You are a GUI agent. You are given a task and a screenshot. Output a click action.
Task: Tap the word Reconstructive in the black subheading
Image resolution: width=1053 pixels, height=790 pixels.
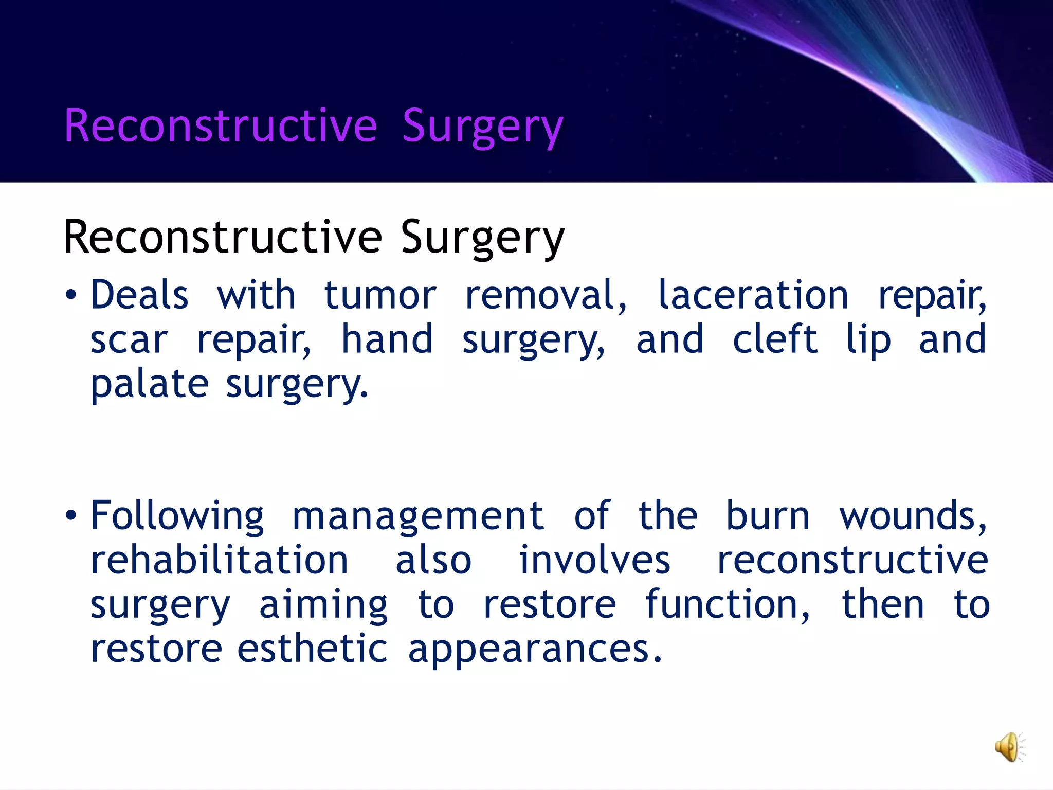pos(223,237)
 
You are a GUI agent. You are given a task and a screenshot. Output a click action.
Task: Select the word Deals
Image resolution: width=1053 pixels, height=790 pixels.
pos(140,295)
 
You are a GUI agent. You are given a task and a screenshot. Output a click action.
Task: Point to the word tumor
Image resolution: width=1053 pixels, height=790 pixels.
pos(380,296)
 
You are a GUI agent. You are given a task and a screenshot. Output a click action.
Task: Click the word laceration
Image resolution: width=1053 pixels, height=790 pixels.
pos(753,295)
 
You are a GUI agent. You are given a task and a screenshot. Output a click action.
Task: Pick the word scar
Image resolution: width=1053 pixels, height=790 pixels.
pos(129,340)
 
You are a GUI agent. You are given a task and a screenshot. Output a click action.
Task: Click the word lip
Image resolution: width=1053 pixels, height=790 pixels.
pos(868,340)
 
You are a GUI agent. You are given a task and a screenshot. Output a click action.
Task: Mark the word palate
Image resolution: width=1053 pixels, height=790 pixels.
pos(150,384)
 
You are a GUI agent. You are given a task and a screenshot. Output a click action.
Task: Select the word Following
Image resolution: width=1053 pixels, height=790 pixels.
pos(177,516)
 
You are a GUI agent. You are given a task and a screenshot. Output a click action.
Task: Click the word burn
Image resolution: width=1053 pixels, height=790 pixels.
pos(768,516)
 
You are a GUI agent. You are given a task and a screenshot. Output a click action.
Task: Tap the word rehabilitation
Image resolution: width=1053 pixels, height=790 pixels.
pos(220,560)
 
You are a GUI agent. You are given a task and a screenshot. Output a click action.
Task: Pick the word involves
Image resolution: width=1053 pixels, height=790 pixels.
pos(594,560)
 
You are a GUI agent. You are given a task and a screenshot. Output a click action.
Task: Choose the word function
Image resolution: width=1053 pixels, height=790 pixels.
pos(727,604)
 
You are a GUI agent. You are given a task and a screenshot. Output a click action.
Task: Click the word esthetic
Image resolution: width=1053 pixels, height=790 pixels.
pos(312,649)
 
